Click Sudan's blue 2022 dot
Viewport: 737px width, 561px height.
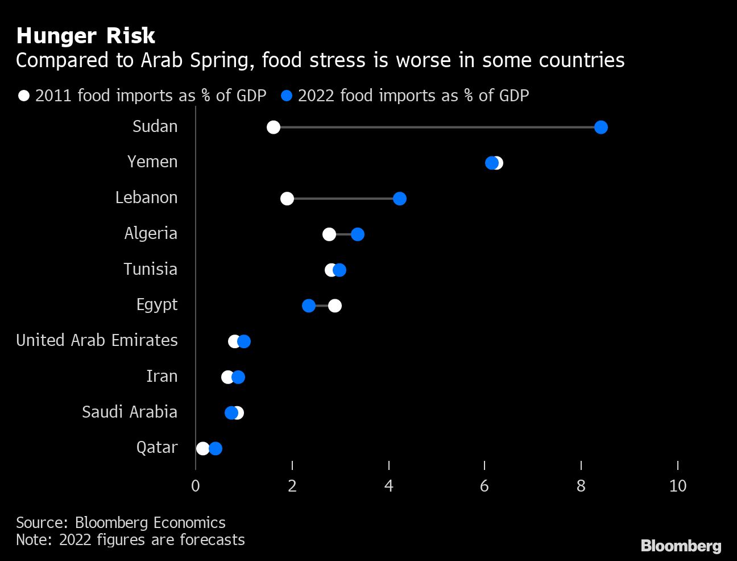click(601, 127)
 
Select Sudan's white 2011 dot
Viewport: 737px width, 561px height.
click(274, 127)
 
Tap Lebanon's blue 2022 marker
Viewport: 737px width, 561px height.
click(400, 199)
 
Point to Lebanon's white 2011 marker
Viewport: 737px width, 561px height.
click(287, 199)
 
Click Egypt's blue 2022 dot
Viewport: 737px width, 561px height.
click(309, 306)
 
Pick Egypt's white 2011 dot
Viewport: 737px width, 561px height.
click(335, 306)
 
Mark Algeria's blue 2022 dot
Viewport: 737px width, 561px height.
click(358, 234)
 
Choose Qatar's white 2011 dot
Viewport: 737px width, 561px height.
click(202, 449)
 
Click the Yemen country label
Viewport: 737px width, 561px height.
click(152, 162)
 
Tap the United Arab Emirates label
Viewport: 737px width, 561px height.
click(97, 340)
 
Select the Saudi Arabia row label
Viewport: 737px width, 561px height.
click(130, 412)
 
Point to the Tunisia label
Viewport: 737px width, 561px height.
click(151, 269)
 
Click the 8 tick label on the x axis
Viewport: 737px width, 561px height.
click(581, 486)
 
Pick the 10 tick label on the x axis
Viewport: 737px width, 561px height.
click(677, 486)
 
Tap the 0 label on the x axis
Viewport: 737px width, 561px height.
click(196, 486)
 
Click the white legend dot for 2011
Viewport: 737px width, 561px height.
click(24, 96)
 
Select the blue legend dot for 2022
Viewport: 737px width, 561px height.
click(287, 96)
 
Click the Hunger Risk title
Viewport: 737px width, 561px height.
click(86, 36)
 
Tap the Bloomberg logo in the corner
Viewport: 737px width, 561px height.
click(681, 546)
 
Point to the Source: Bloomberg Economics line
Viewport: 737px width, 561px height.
click(121, 522)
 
